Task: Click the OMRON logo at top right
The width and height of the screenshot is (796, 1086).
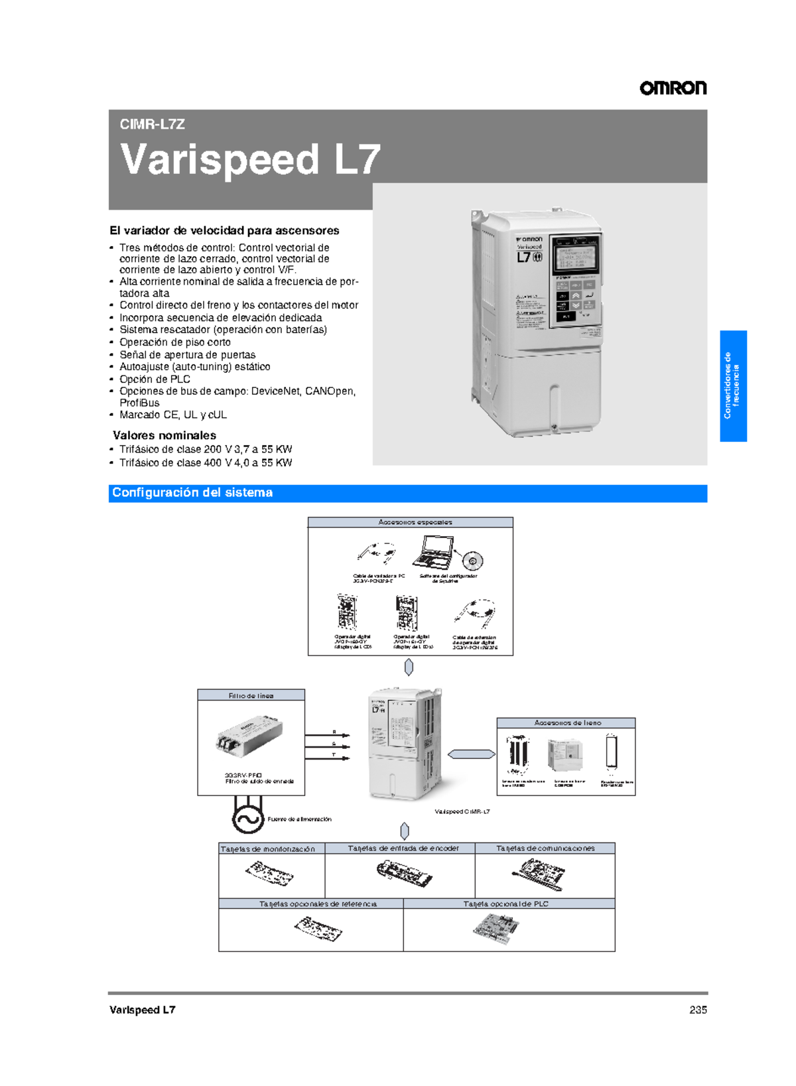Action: click(673, 88)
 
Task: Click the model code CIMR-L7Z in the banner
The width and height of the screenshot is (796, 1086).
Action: click(152, 124)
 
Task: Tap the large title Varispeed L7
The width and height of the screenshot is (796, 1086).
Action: click(250, 160)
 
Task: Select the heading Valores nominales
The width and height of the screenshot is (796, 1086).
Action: click(165, 435)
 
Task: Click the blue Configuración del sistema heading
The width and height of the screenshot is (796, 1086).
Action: click(192, 493)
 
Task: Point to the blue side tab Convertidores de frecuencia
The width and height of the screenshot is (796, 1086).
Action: click(733, 385)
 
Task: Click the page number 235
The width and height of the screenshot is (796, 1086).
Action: click(698, 1010)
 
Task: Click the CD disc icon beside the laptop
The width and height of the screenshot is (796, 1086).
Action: click(472, 561)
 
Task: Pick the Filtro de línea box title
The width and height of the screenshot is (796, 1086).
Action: click(251, 695)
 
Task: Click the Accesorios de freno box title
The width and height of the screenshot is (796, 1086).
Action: click(566, 722)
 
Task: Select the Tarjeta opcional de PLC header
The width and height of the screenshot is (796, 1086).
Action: click(505, 904)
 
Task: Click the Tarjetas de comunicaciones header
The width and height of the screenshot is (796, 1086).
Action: click(545, 848)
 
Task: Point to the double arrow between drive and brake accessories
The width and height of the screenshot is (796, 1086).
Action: click(471, 754)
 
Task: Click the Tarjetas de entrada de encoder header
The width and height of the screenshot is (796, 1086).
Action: click(403, 848)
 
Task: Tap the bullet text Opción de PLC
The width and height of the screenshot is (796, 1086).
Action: click(155, 379)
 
